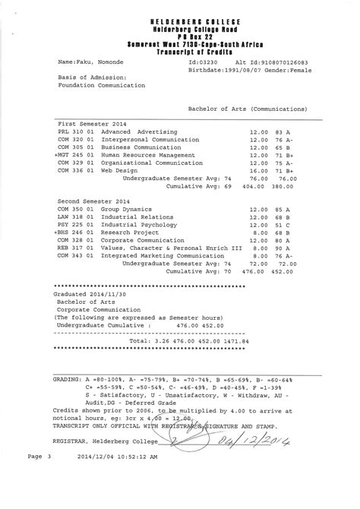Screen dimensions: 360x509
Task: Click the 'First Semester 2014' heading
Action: point(93,123)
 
